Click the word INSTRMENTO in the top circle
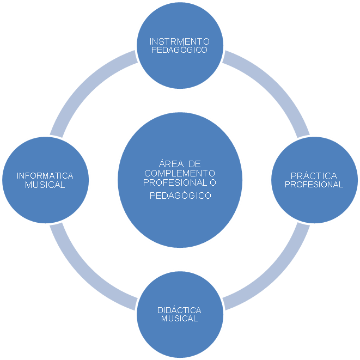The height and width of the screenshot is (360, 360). (x=179, y=41)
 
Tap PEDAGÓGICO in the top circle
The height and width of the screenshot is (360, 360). (x=179, y=50)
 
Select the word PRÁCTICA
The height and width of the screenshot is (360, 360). (x=315, y=176)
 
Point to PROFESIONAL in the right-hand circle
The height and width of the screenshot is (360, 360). (x=315, y=185)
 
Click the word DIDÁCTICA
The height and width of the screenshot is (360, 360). (x=179, y=310)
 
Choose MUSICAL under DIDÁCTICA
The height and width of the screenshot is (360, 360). (x=179, y=319)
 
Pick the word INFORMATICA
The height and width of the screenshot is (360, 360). (x=45, y=176)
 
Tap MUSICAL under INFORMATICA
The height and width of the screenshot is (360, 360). (x=45, y=185)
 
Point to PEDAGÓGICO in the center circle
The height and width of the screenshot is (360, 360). (x=180, y=195)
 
